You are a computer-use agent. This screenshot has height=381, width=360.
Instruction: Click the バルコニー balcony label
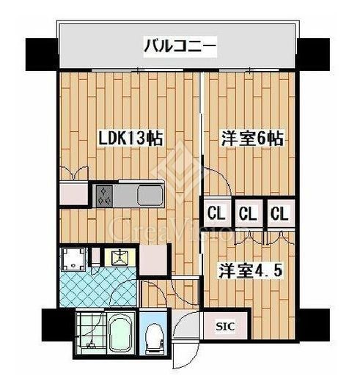tap(180, 47)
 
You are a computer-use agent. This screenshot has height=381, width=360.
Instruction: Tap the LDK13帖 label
tap(131, 138)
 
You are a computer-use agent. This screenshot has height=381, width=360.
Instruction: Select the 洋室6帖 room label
tap(252, 138)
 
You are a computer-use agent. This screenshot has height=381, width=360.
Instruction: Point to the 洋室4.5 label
tap(251, 271)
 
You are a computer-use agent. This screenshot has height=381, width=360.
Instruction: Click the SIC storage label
tap(225, 326)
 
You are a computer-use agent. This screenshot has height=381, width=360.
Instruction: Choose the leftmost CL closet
tap(216, 213)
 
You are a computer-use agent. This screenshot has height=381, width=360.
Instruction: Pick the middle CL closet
tap(248, 213)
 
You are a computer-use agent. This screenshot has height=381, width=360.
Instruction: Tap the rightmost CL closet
tap(280, 213)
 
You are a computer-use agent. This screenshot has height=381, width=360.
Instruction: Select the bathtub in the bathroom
tap(121, 333)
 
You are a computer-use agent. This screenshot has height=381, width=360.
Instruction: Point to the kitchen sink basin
tap(150, 196)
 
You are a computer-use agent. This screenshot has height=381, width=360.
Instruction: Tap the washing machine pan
tap(73, 259)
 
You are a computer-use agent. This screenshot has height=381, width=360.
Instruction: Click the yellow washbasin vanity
tap(120, 257)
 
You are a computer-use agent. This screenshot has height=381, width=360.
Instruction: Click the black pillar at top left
tap(42, 54)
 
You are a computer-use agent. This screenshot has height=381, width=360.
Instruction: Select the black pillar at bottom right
tap(314, 325)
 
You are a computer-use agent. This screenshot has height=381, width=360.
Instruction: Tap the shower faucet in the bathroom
tap(92, 344)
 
